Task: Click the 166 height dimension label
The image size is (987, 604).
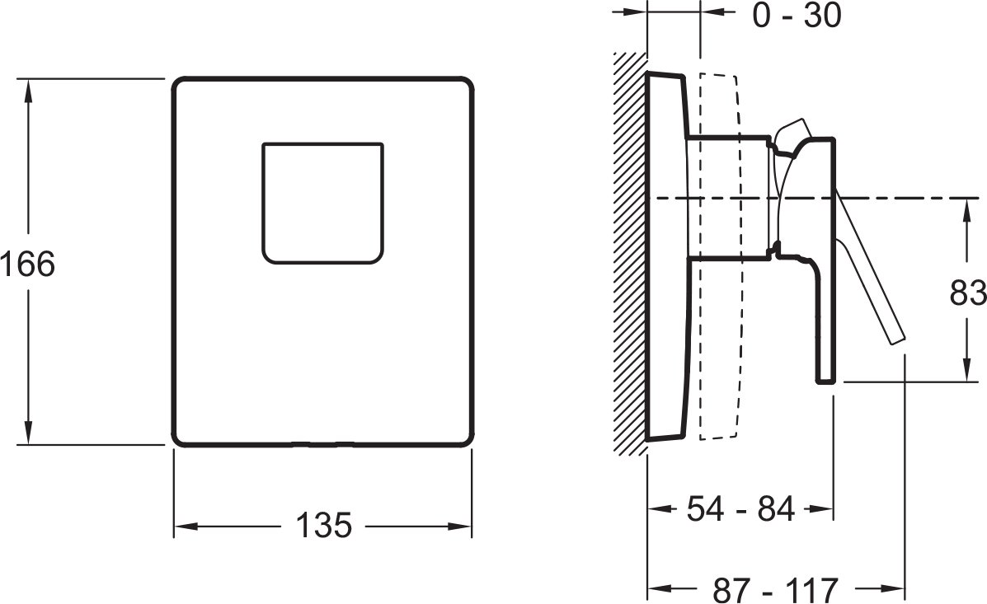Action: (28, 264)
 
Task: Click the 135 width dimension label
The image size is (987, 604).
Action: (323, 526)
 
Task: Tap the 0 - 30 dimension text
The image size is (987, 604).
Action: (797, 15)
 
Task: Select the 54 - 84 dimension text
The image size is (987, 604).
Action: (741, 508)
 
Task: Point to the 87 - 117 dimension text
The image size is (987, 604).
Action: (775, 589)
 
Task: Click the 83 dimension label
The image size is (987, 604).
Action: (968, 293)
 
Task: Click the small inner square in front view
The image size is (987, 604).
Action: (323, 204)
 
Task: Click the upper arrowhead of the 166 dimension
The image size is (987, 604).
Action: (28, 92)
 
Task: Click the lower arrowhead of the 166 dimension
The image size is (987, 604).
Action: (28, 431)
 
